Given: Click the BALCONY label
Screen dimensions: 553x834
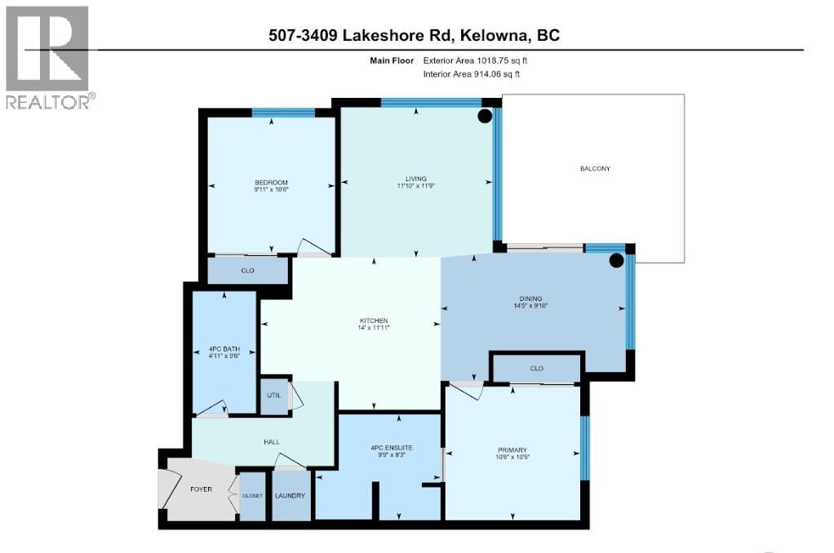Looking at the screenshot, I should click(x=595, y=169).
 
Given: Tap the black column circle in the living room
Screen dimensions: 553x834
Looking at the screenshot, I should click(x=484, y=116).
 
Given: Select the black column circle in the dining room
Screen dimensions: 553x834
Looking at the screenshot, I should click(x=617, y=261).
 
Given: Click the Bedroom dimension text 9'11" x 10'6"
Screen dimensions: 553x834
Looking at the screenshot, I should click(x=271, y=189).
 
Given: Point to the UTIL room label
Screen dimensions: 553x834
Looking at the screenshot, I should click(x=273, y=395).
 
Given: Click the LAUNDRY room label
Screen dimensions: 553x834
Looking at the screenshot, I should click(x=291, y=496).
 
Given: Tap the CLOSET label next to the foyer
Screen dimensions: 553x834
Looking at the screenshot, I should click(x=252, y=496).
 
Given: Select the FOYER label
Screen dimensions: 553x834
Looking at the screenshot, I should click(x=202, y=490).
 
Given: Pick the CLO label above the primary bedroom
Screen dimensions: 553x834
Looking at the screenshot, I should click(x=536, y=369).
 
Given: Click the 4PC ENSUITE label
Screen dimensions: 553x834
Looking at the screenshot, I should click(x=391, y=448).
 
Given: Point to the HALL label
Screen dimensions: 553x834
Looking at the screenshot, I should click(x=272, y=442).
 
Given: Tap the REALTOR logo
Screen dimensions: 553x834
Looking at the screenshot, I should click(x=49, y=57).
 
